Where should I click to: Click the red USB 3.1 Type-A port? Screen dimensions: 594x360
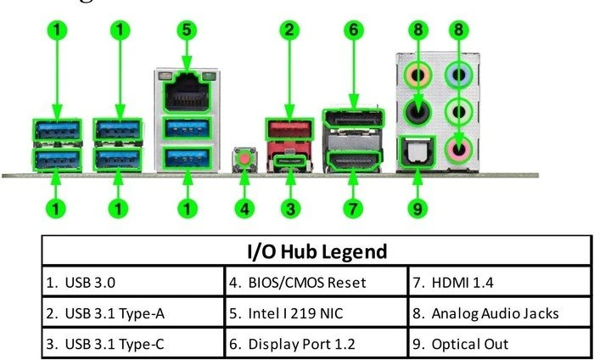(289, 130)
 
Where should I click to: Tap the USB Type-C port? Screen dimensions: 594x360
(290, 163)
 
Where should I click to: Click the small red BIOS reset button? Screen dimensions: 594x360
(244, 158)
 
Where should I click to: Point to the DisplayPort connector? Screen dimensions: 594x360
(353, 118)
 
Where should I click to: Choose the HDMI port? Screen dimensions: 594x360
(353, 160)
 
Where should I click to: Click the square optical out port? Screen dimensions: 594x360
(417, 152)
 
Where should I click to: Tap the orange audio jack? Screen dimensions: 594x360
(417, 75)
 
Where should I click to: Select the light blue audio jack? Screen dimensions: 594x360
(459, 74)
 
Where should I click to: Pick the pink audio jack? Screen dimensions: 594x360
(459, 149)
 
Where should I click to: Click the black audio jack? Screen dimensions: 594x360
(417, 112)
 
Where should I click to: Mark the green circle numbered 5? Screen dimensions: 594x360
(187, 30)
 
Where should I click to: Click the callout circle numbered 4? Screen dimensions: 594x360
(244, 208)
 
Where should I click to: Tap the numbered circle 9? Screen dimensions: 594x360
(417, 208)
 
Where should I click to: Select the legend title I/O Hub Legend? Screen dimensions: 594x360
(317, 250)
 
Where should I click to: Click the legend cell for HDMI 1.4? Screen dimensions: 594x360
(500, 283)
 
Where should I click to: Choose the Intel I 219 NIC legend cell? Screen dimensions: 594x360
(317, 313)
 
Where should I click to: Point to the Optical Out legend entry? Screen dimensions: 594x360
(500, 344)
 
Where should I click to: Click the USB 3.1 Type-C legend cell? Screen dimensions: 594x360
(133, 344)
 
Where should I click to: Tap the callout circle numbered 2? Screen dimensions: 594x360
(289, 30)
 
